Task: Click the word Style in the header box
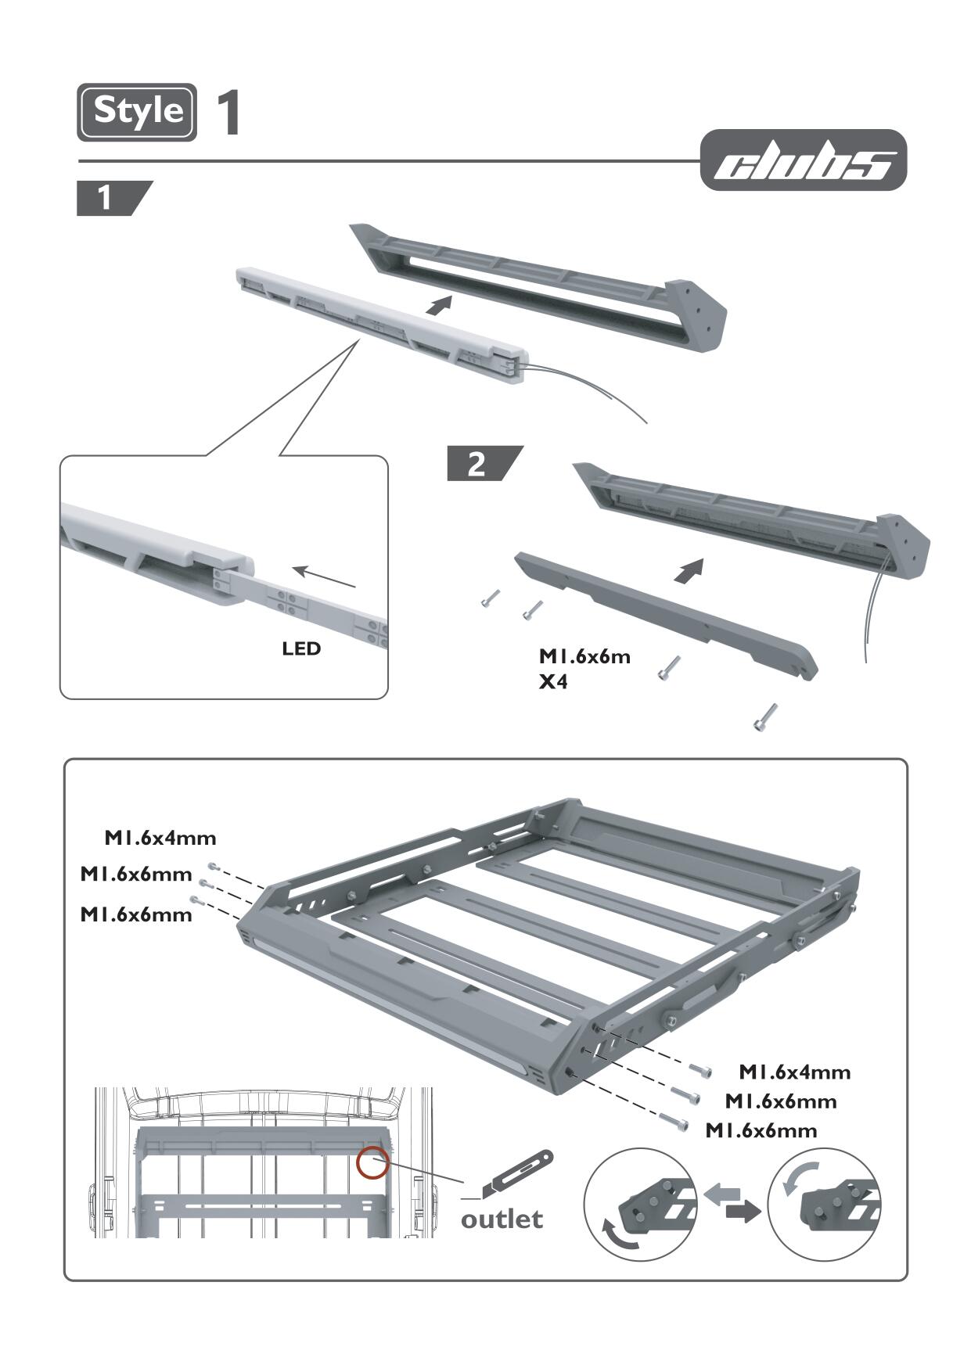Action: pyautogui.click(x=138, y=111)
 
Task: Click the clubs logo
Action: pyautogui.click(x=803, y=161)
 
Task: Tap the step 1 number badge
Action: pyautogui.click(x=105, y=198)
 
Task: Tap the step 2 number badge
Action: pyautogui.click(x=476, y=464)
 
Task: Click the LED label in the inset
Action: pyautogui.click(x=301, y=648)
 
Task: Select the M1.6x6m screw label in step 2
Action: pyautogui.click(x=584, y=656)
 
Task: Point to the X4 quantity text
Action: pyautogui.click(x=553, y=682)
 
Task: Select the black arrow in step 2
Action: pyautogui.click(x=689, y=571)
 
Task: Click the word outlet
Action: pyautogui.click(x=502, y=1219)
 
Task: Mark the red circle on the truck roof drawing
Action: pyautogui.click(x=372, y=1162)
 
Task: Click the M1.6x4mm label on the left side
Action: pyautogui.click(x=160, y=839)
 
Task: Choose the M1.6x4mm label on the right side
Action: pyautogui.click(x=794, y=1072)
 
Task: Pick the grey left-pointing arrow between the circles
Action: pyautogui.click(x=722, y=1194)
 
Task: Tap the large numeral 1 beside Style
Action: pyautogui.click(x=228, y=114)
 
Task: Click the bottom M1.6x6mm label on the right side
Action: pyautogui.click(x=761, y=1130)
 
